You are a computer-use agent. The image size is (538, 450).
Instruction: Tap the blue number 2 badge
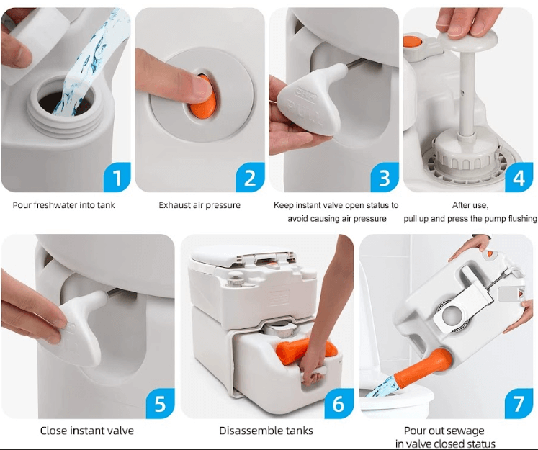pyautogui.click(x=249, y=177)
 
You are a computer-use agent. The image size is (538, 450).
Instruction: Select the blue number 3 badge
pyautogui.click(x=384, y=177)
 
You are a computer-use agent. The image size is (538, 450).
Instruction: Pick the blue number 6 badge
pyautogui.click(x=338, y=403)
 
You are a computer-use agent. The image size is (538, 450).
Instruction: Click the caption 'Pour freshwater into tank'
pyautogui.click(x=63, y=205)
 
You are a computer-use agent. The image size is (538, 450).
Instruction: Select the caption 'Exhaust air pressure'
pyautogui.click(x=199, y=205)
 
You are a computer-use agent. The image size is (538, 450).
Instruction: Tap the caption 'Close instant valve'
pyautogui.click(x=86, y=431)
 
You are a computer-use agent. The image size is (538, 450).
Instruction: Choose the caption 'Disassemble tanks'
pyautogui.click(x=266, y=431)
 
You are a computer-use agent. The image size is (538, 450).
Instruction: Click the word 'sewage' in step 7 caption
pyautogui.click(x=466, y=431)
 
